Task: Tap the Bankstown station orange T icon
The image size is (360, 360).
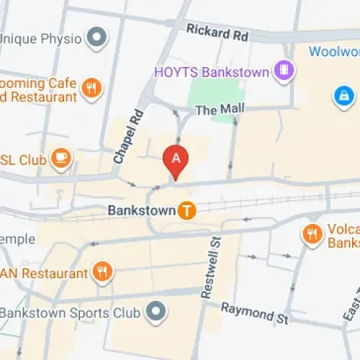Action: point(187,210)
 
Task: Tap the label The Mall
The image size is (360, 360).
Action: point(220,109)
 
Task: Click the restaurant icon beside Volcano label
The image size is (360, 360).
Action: point(312,233)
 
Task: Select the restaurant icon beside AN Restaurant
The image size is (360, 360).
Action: point(102,272)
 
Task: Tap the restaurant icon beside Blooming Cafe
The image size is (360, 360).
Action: point(91,89)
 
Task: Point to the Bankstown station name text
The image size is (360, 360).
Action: point(141,211)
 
